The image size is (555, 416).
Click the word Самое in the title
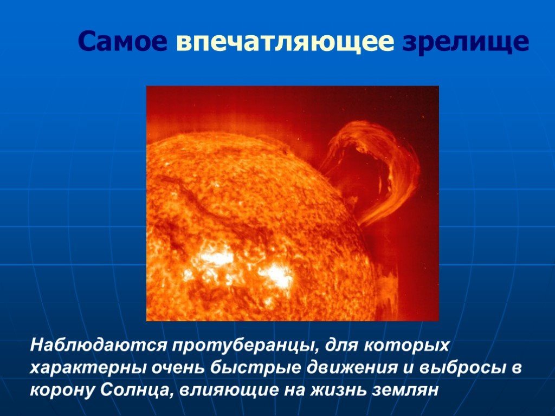[122, 41]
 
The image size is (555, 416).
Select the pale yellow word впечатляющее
[285, 42]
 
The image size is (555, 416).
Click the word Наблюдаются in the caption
[98, 345]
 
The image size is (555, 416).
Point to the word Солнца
[137, 390]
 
